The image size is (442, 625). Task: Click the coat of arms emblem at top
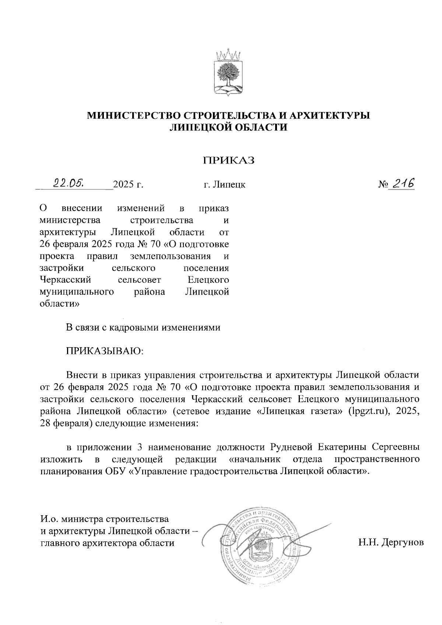(228, 73)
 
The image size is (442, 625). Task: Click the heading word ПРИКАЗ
(228, 161)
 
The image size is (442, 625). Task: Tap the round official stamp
(259, 545)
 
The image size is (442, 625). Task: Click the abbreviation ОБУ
(113, 471)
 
